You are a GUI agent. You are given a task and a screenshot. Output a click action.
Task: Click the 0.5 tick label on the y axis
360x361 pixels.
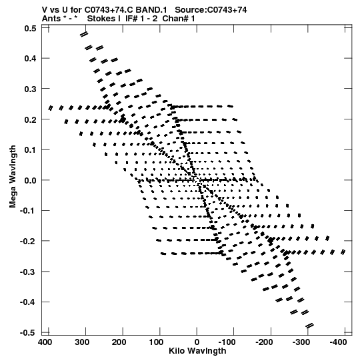pos(31,28)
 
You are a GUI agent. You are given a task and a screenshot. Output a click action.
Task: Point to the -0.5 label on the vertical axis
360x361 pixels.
pos(28,333)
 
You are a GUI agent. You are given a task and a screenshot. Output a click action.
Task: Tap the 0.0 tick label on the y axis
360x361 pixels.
pos(31,180)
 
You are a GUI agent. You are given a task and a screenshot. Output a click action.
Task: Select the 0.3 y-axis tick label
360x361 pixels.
pos(31,89)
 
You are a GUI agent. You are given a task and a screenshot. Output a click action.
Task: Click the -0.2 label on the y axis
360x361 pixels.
pos(28,242)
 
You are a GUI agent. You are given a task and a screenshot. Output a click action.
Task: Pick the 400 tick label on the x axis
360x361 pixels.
pos(45,342)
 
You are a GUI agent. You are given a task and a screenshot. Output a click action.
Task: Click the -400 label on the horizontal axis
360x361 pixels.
pos(338,342)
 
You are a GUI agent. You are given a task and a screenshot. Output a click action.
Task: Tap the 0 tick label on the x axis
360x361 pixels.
pos(197,342)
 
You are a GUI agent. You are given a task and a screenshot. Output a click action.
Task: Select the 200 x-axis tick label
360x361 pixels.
pos(119,342)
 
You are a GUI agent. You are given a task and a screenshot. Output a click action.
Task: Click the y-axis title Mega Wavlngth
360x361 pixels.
pos(13,177)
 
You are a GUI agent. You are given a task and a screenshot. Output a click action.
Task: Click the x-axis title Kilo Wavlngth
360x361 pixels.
pos(197,351)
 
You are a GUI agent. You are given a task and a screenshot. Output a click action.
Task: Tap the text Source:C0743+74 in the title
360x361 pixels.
pos(211,10)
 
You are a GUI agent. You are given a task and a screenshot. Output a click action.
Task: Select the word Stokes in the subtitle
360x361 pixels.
pos(101,19)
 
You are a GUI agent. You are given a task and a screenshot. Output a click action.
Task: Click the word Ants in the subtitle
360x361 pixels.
pos(51,19)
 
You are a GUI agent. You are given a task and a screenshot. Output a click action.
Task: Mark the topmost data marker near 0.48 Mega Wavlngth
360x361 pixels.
pos(84,34)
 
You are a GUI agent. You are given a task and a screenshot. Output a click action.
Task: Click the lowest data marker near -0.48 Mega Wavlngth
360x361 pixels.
pos(309,326)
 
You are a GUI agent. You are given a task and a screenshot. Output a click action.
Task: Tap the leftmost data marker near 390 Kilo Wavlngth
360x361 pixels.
pos(51,108)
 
